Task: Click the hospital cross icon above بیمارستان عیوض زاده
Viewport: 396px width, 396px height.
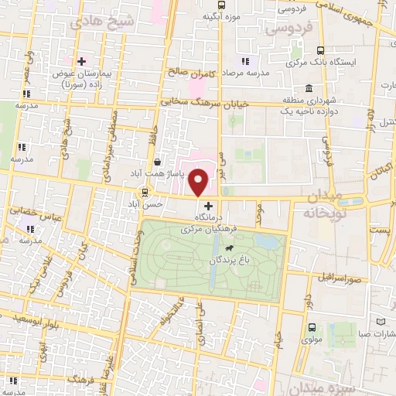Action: click(x=80, y=60)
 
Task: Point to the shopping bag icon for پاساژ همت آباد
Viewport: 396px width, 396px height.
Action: click(x=158, y=162)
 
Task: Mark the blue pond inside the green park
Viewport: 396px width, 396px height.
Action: click(x=268, y=244)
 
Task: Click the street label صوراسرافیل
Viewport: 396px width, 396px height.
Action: click(x=333, y=276)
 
